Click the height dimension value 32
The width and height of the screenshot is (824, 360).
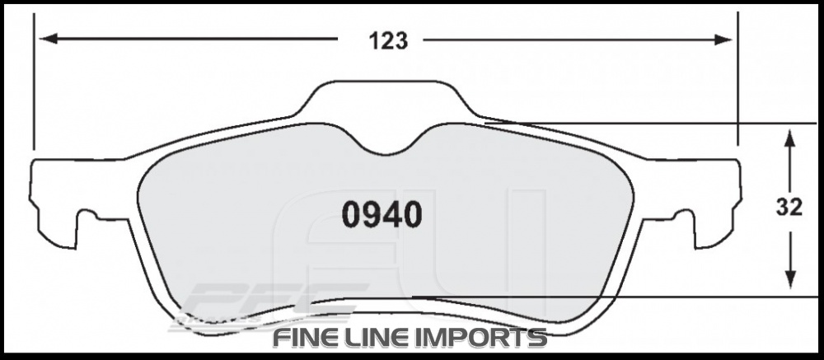coord(789,209)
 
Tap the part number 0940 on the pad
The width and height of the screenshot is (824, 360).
coord(382,216)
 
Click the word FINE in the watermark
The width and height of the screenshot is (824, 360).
coord(306,338)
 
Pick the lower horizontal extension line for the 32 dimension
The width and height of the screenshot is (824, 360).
coord(618,296)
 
